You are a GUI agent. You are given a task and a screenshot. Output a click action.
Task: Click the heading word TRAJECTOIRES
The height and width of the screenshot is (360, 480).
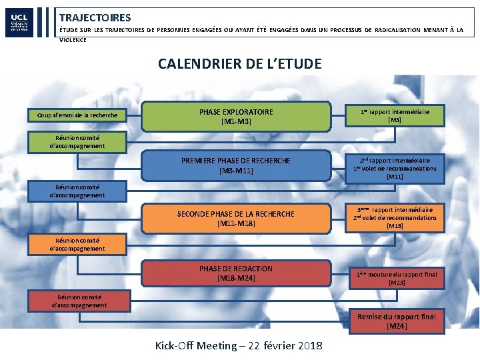click(x=95, y=18)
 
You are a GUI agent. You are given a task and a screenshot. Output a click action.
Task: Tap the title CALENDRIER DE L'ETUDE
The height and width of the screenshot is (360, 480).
click(x=239, y=64)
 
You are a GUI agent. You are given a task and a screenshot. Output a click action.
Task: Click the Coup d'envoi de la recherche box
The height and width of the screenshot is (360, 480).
click(x=77, y=115)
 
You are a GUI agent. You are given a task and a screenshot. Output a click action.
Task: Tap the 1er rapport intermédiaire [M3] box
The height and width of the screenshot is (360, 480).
click(x=395, y=115)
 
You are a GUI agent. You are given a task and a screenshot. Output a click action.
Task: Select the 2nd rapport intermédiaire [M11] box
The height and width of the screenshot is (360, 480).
click(x=395, y=169)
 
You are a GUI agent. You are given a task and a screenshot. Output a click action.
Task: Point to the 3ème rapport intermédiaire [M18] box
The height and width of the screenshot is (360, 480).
click(x=395, y=218)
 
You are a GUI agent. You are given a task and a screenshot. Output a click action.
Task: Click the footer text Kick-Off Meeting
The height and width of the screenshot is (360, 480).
click(x=196, y=345)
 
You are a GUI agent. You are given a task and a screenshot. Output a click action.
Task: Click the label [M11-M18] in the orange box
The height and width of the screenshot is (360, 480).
click(x=236, y=224)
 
